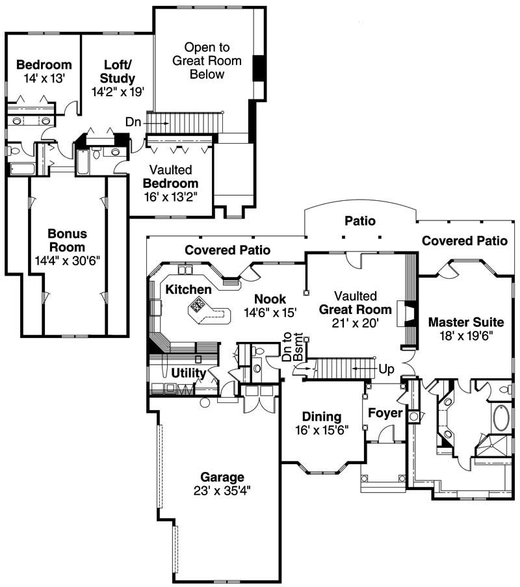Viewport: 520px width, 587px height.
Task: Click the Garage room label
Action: [222, 476]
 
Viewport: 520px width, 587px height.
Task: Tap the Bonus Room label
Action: [67, 240]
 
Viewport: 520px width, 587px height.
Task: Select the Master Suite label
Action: [466, 322]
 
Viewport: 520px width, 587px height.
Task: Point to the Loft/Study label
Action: [119, 72]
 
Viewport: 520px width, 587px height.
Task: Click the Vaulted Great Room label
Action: [355, 302]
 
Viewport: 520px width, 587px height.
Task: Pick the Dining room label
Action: [322, 417]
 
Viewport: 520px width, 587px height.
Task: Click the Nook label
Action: [270, 298]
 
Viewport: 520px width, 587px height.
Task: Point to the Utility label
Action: [188, 373]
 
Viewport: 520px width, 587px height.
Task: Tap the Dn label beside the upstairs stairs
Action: [135, 122]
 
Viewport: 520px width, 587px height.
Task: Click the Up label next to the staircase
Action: [386, 369]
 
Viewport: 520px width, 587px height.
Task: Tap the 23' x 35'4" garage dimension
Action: [222, 491]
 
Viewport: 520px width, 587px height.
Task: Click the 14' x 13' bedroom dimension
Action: [44, 78]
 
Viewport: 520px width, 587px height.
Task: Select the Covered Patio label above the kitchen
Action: [227, 250]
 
